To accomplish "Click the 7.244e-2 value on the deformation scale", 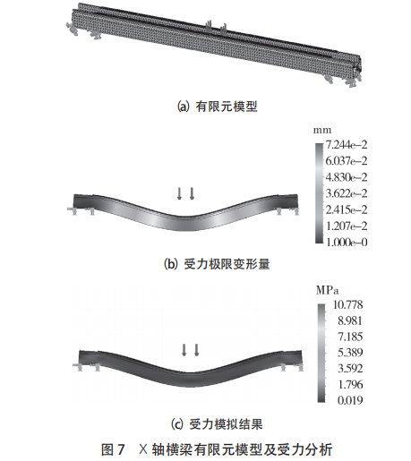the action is click(347, 145).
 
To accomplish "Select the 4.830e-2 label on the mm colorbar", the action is click(347, 177).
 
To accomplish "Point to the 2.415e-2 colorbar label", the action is click(347, 209).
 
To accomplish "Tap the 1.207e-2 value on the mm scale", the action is click(347, 226).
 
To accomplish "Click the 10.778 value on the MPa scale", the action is click(348, 304).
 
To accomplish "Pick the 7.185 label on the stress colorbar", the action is click(350, 337).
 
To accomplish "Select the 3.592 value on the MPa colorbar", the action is click(350, 369).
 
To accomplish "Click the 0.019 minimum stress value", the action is click(350, 400).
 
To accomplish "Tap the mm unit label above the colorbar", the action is click(322, 131).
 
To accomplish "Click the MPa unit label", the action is click(327, 290).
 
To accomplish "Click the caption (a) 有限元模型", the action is click(218, 107).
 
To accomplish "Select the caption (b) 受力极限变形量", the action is click(217, 264).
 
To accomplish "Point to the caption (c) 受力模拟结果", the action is click(217, 424).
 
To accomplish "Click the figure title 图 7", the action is click(113, 449).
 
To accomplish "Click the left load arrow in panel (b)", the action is click(179, 193).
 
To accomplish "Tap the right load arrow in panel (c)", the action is click(196, 350).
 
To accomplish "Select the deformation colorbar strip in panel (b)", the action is click(320, 193).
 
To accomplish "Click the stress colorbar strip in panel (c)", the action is click(321, 354).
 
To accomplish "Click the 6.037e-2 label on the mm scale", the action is click(347, 161).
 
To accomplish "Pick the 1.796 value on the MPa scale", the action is click(350, 384).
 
